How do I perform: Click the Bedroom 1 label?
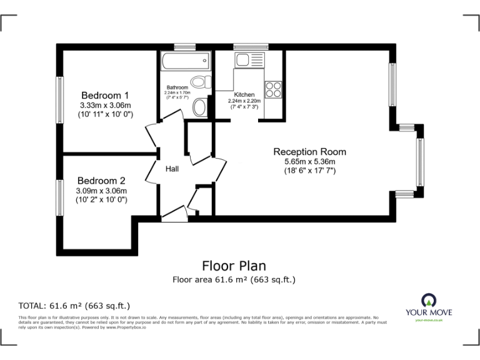[105, 95]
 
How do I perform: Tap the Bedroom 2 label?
[101, 181]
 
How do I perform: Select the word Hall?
[172, 169]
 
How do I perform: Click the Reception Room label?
[309, 152]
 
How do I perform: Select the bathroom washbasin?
[200, 107]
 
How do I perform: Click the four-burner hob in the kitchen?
[272, 89]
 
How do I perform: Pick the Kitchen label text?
[244, 95]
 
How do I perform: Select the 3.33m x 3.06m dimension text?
[105, 105]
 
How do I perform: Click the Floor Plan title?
[234, 266]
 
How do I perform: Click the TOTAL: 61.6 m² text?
[74, 306]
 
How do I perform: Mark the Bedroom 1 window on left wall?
[60, 100]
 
